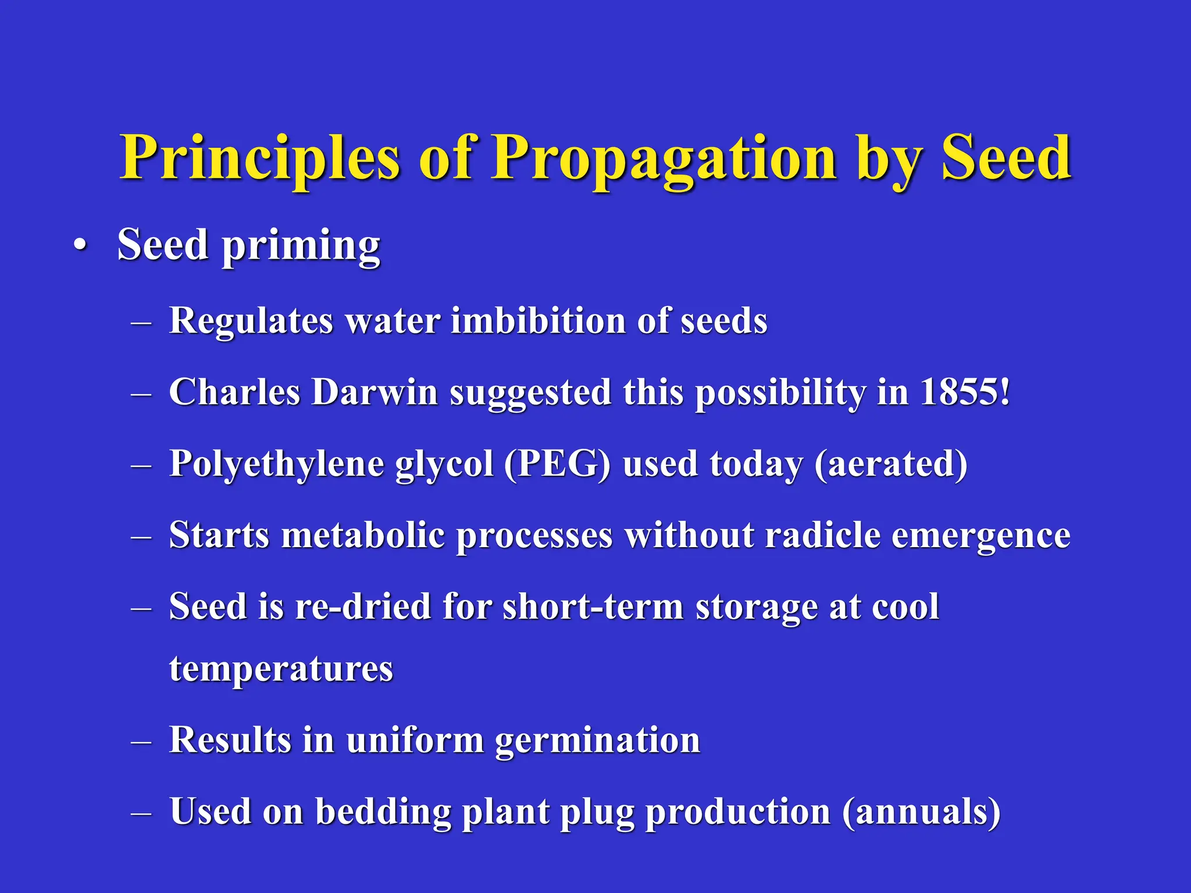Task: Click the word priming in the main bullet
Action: click(x=301, y=247)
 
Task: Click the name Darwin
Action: click(x=375, y=392)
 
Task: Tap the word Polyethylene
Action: click(x=276, y=465)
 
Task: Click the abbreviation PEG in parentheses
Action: click(x=557, y=465)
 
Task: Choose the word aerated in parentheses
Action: click(x=890, y=465)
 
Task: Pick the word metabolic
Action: click(x=363, y=535)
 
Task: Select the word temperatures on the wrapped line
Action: click(x=281, y=669)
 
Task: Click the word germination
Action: click(x=597, y=741)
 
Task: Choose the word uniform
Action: click(x=415, y=741)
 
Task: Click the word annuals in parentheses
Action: click(x=921, y=812)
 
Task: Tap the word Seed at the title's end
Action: click(x=1006, y=158)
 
